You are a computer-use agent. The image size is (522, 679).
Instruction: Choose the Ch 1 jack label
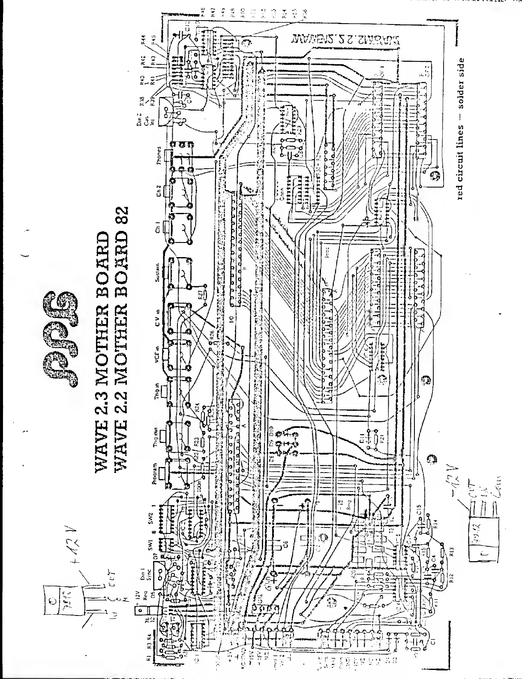[x=158, y=227]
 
